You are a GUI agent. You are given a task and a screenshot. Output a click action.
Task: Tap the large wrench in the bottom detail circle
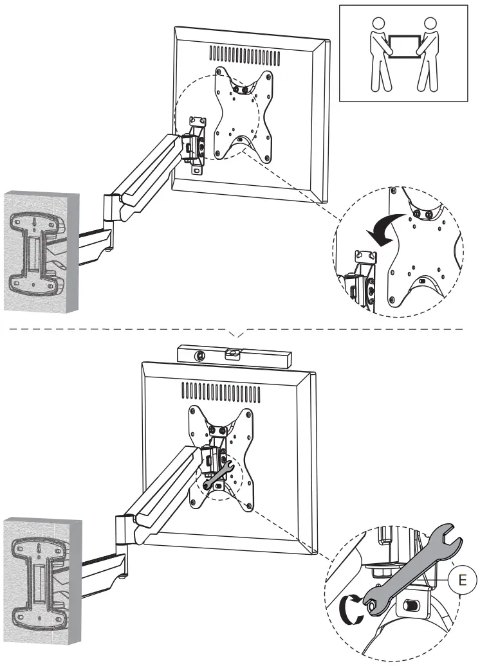[412, 566]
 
